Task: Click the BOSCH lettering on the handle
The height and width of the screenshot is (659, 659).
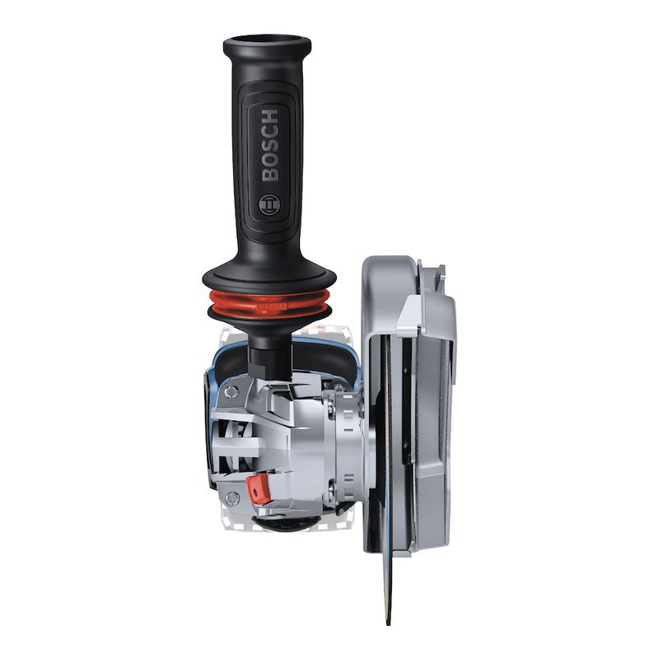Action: [x=270, y=144]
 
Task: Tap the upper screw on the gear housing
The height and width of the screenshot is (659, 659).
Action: [x=232, y=393]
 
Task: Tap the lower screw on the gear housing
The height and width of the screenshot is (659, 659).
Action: [x=234, y=497]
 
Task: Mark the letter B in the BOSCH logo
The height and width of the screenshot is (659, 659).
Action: [x=270, y=174]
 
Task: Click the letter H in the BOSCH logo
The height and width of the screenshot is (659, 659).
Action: [x=270, y=115]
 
